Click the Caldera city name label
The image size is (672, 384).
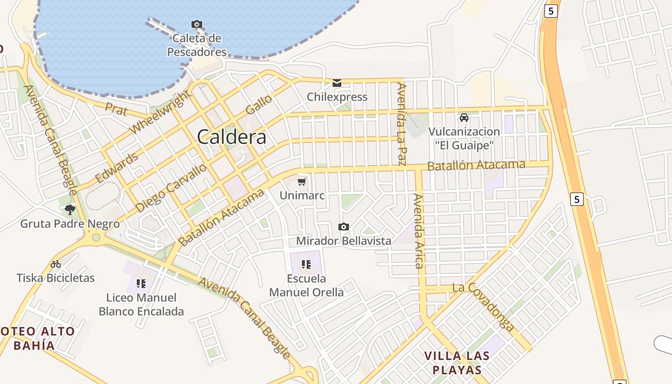(x=232, y=137)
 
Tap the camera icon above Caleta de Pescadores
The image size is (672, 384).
(x=196, y=24)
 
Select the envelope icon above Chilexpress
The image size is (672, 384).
(x=337, y=83)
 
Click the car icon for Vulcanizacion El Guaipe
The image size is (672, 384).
(x=464, y=117)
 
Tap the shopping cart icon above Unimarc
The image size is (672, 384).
(x=302, y=181)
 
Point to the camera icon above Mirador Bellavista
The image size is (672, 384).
(x=344, y=227)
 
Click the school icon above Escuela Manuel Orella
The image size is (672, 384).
(x=306, y=264)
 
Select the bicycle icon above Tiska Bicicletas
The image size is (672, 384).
(x=56, y=264)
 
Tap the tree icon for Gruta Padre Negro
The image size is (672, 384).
(x=70, y=209)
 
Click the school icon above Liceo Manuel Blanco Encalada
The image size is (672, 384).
(x=141, y=283)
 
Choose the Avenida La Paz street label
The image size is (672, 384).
(x=402, y=124)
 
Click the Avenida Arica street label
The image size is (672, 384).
(x=419, y=230)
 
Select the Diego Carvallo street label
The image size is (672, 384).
(x=171, y=188)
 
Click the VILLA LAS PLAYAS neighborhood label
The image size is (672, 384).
(x=457, y=363)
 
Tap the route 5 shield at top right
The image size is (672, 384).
(x=551, y=11)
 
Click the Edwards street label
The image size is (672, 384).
(x=117, y=168)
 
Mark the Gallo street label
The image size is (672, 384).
(x=259, y=104)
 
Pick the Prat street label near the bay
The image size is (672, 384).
(x=116, y=109)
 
